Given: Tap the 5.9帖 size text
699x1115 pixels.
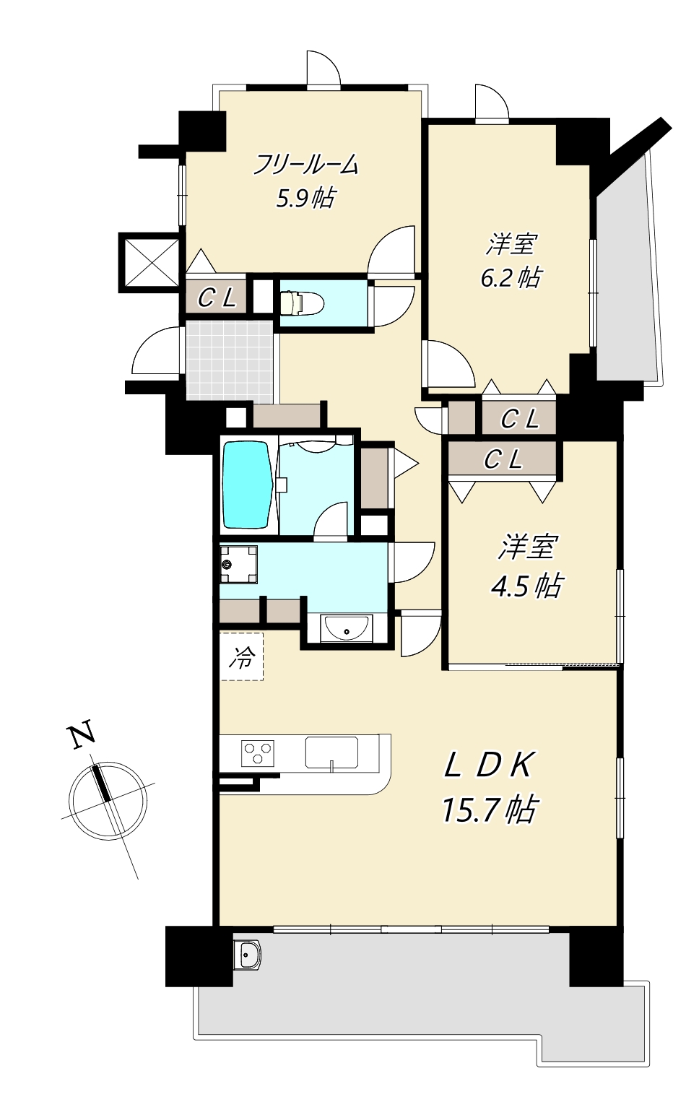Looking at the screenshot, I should tap(305, 197).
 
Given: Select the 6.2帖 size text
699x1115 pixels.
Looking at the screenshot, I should tap(511, 277).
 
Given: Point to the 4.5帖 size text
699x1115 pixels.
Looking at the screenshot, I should tap(526, 585).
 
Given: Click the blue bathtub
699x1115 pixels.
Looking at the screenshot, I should tap(246, 485).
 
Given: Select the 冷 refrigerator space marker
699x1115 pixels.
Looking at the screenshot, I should tap(242, 656).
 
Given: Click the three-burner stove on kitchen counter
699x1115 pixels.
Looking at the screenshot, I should tap(258, 752).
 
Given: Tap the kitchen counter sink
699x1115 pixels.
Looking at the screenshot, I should tap(331, 752).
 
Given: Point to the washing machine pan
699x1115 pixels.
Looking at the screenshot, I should tap(238, 564).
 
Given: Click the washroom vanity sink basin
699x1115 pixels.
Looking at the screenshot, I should tap(347, 628).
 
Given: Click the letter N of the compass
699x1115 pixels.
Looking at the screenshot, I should tap(82, 734).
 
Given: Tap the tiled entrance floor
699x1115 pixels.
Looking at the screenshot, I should tap(230, 360).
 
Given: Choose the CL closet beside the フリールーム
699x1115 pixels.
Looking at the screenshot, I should tap(217, 297).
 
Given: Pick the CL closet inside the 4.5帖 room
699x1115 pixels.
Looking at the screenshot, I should tap(503, 459).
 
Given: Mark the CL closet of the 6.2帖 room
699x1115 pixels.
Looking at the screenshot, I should tap(519, 418).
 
